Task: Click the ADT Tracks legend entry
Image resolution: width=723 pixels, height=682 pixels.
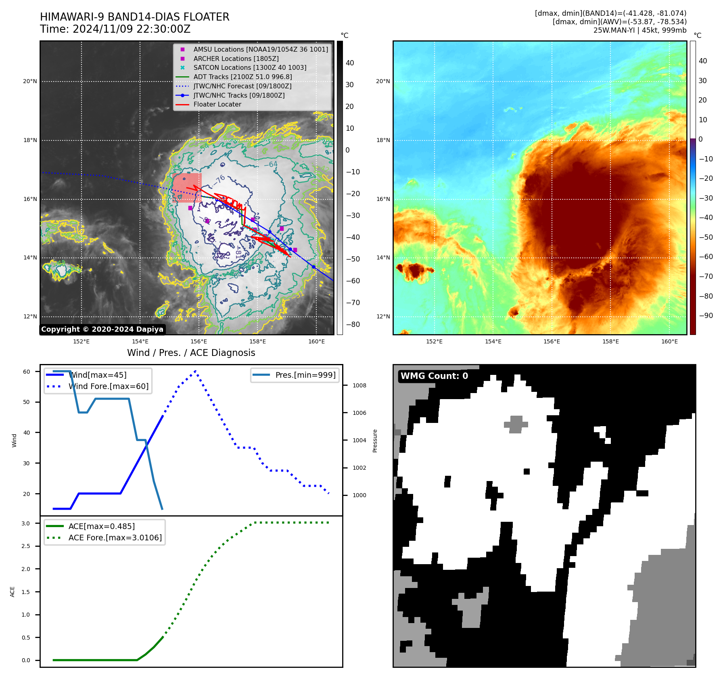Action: click(242, 77)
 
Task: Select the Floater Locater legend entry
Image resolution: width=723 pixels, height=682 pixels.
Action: click(217, 104)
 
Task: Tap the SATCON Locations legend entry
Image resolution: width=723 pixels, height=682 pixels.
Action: click(249, 67)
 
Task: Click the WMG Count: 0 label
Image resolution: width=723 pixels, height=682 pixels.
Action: click(434, 376)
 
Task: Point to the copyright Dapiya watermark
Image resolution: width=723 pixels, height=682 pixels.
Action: click(102, 329)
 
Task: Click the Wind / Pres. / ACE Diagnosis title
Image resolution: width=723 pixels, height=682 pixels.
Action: click(191, 353)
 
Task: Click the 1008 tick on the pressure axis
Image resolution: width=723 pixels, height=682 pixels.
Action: click(359, 385)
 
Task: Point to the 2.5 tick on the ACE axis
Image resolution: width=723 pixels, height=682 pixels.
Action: click(26, 546)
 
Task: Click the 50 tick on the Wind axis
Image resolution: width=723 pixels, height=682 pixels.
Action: click(26, 402)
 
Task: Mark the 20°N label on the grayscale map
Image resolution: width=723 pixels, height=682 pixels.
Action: click(30, 81)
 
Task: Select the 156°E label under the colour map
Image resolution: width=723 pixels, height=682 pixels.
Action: click(552, 341)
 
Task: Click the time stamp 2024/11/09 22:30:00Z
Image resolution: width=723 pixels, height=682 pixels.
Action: click(132, 29)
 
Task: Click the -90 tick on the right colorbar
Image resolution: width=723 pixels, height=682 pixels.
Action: click(706, 316)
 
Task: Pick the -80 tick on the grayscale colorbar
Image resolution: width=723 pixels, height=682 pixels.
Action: click(353, 324)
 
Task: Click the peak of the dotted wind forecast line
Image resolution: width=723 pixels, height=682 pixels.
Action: click(195, 370)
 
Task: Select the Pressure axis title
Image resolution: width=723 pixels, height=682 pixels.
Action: click(375, 440)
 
